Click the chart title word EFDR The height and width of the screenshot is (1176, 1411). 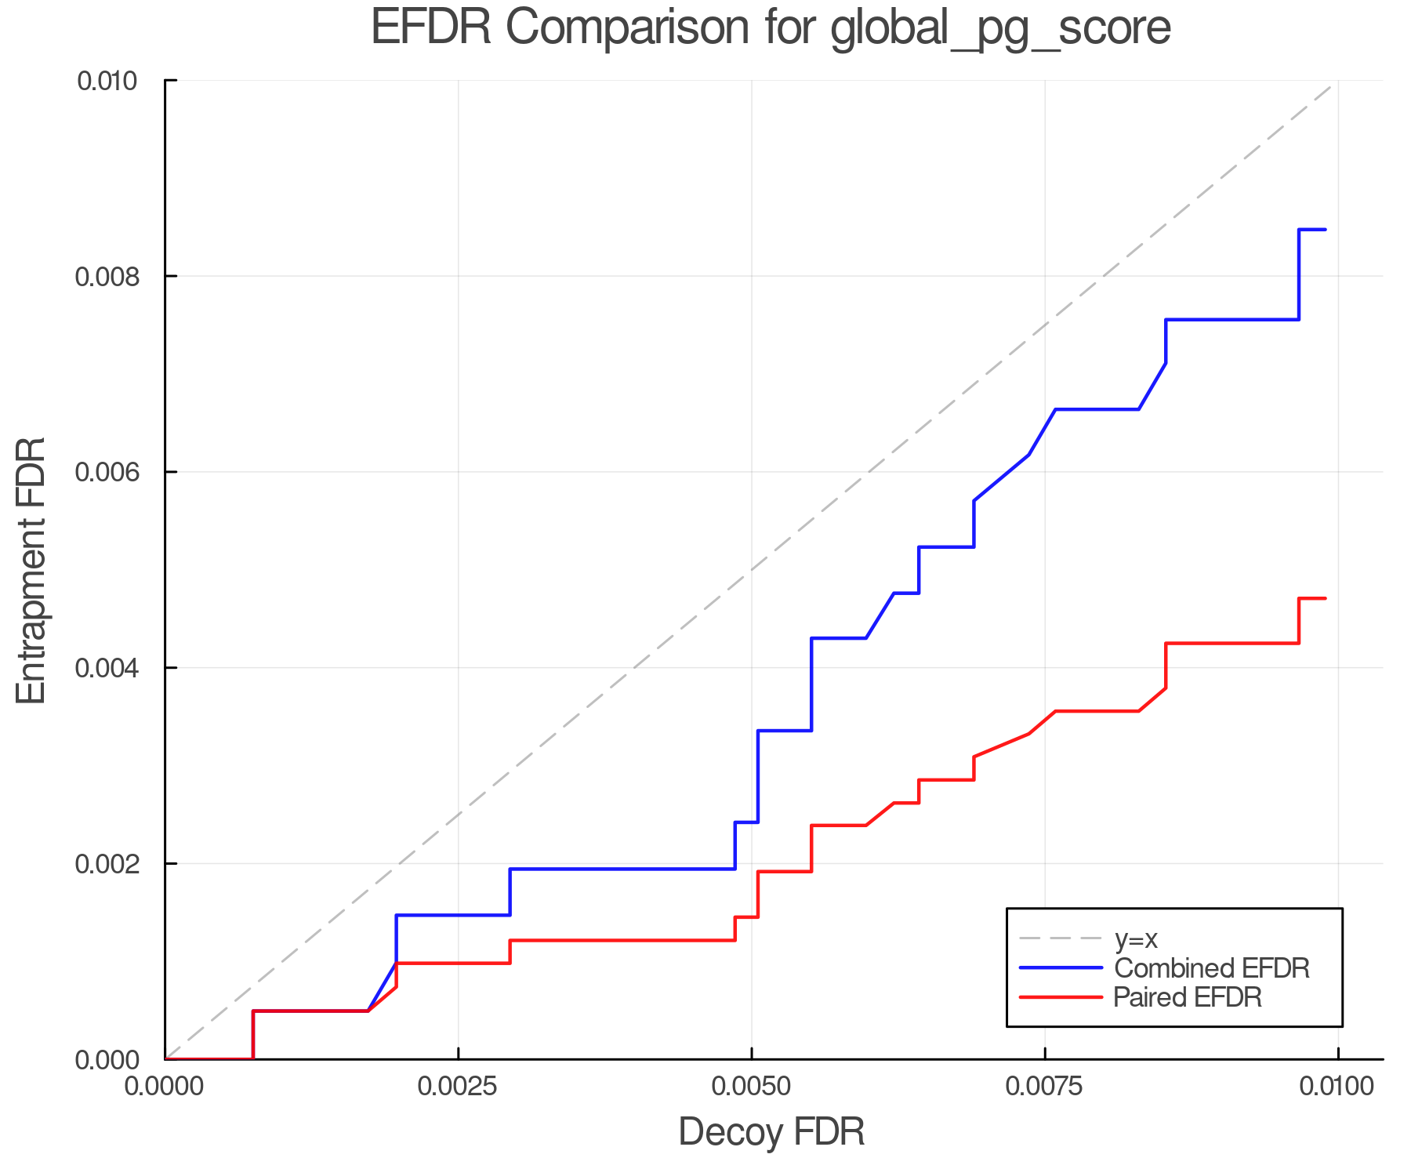tap(430, 27)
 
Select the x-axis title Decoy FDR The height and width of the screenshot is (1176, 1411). tap(771, 1131)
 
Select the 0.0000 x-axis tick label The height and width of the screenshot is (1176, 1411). tap(165, 1087)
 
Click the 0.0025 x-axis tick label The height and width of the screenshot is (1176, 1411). tap(458, 1087)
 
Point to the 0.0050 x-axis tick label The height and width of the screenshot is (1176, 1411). tap(751, 1087)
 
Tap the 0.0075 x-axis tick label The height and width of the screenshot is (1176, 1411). tap(1045, 1087)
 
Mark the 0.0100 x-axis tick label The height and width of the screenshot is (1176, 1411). tap(1337, 1087)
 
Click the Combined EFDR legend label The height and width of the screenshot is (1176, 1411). tap(1211, 968)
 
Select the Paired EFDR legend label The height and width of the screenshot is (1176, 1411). tap(1188, 997)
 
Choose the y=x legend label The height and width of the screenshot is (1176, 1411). tap(1136, 939)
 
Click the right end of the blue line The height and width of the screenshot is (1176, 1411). tap(1325, 230)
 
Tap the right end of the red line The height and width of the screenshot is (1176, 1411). tap(1325, 599)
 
